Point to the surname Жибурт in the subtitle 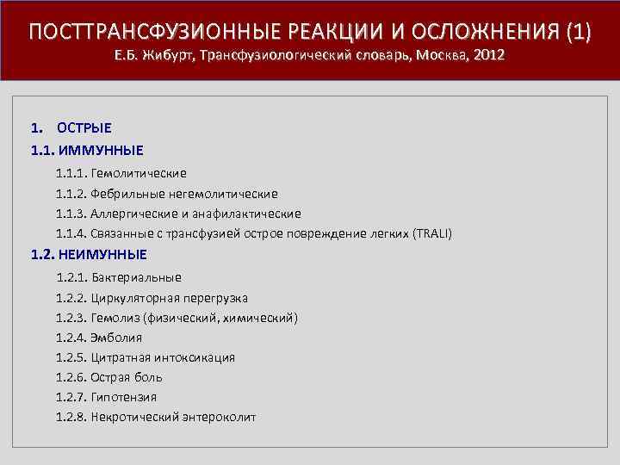click(167, 56)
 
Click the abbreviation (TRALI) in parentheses click(431, 234)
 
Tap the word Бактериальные click(141, 278)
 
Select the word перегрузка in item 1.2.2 click(216, 298)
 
